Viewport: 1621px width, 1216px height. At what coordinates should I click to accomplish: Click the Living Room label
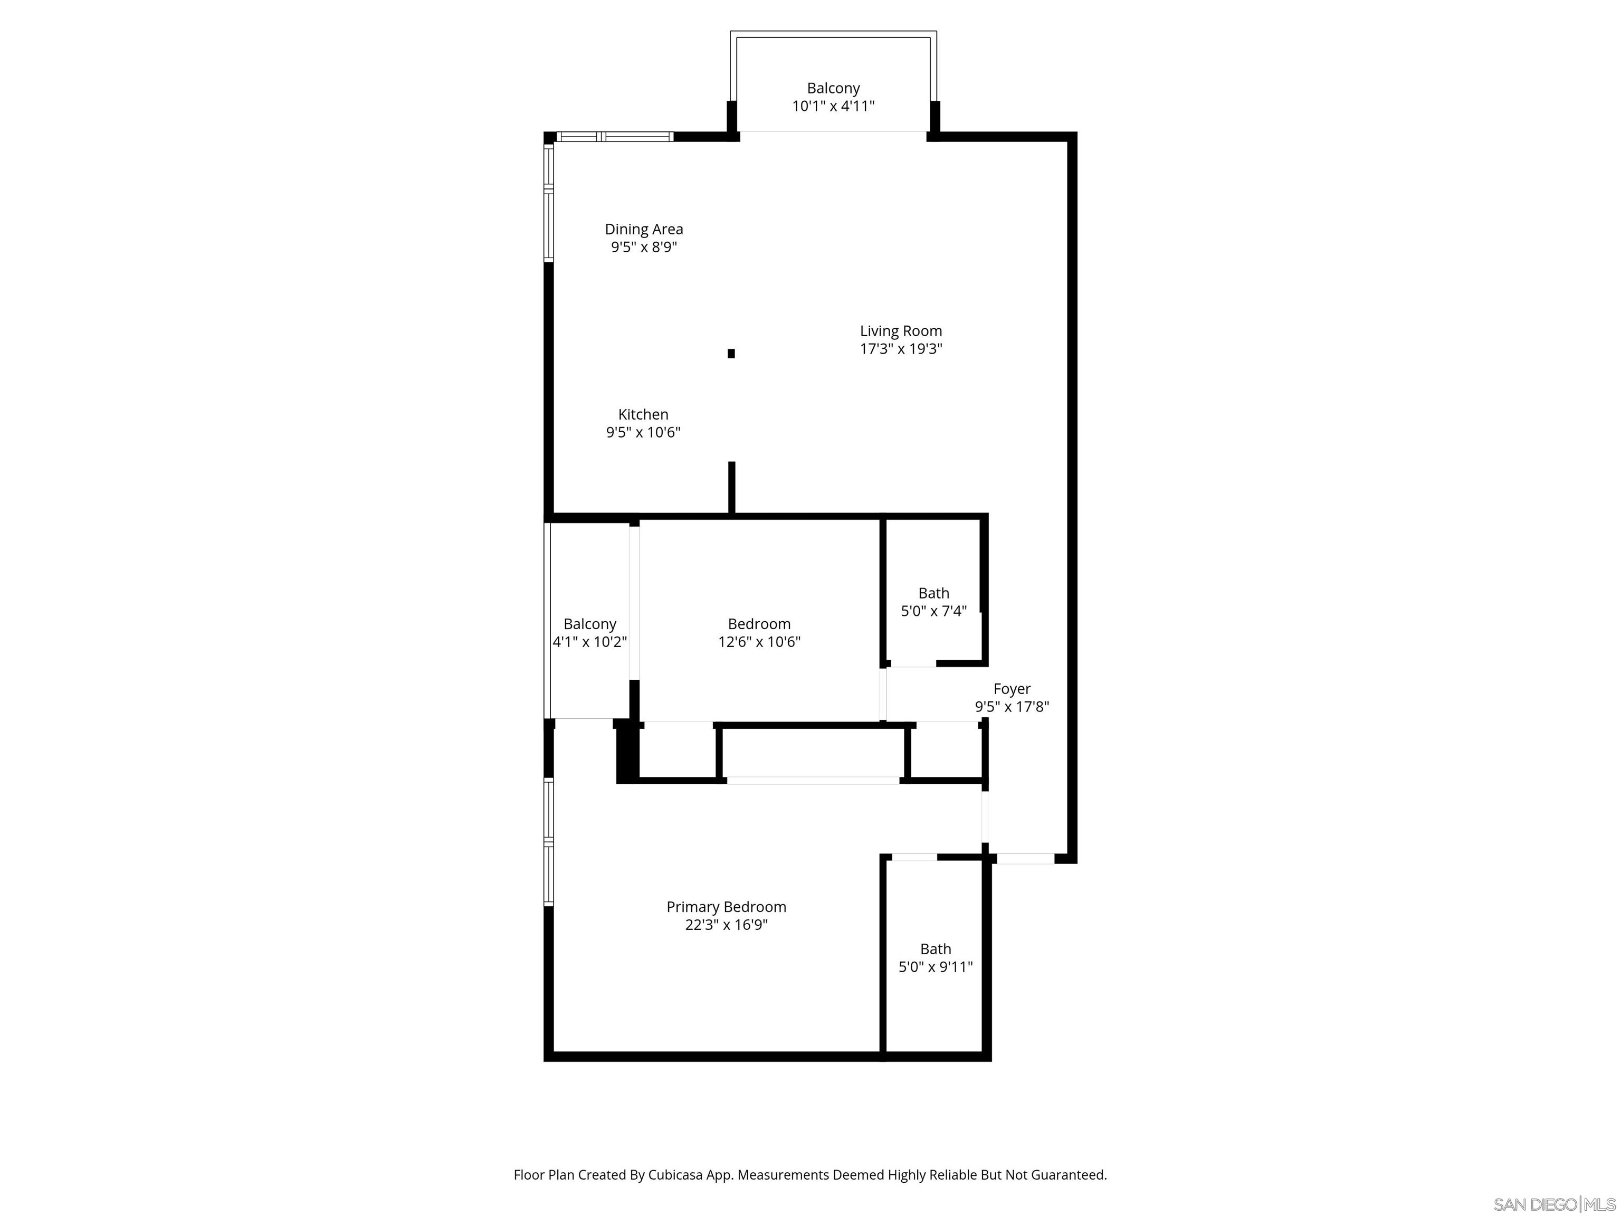[x=901, y=331]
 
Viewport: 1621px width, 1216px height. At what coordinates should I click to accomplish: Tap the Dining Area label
[x=643, y=230]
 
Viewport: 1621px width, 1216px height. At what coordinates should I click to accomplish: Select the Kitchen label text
[x=643, y=415]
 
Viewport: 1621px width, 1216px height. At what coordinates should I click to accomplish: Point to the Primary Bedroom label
[x=726, y=907]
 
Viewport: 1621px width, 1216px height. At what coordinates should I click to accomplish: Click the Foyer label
[x=1012, y=689]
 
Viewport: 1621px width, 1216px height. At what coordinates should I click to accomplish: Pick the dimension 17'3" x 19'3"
[x=901, y=349]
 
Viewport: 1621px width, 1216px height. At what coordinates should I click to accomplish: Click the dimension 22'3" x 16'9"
[x=726, y=925]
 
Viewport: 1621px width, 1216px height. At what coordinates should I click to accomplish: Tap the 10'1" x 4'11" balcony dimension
[x=833, y=106]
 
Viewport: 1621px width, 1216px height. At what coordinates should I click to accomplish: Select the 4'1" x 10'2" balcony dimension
[x=589, y=643]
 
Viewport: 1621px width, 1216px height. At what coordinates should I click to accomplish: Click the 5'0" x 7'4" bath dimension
[x=933, y=611]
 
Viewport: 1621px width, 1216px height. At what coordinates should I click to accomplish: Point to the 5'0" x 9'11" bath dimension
[x=935, y=967]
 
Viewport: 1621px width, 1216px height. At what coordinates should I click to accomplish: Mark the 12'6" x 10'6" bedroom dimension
[x=759, y=643]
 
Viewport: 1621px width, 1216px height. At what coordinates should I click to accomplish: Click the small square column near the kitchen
[x=731, y=353]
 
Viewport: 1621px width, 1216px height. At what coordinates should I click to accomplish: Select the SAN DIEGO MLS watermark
[x=1553, y=1204]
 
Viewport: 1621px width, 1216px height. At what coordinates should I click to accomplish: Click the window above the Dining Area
[x=614, y=136]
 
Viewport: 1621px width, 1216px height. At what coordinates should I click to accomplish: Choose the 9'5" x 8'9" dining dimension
[x=643, y=248]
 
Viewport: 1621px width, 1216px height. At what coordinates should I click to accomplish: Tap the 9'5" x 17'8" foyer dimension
[x=1012, y=707]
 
